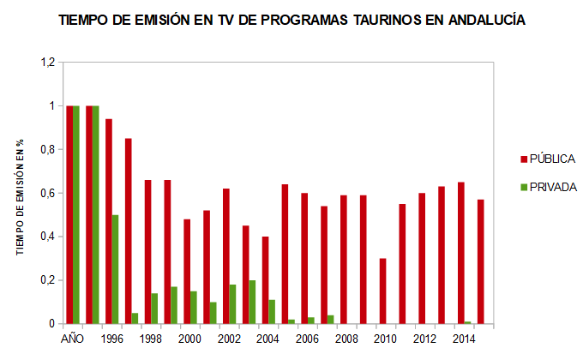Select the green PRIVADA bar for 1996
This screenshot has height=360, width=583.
point(116,269)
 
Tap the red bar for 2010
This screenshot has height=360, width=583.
point(382,291)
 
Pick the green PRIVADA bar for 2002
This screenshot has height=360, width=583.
point(233,304)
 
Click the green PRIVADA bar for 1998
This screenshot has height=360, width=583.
point(154,309)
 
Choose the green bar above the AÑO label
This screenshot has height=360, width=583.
point(76,214)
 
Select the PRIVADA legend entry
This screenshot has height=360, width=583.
point(552,187)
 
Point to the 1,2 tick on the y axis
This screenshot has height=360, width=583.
point(47,63)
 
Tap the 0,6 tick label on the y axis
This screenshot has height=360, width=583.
point(47,194)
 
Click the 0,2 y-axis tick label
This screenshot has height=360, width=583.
point(47,280)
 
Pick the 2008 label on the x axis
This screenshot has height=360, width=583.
point(346,339)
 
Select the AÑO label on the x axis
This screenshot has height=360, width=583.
point(73,339)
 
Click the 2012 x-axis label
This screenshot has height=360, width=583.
point(424,339)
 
